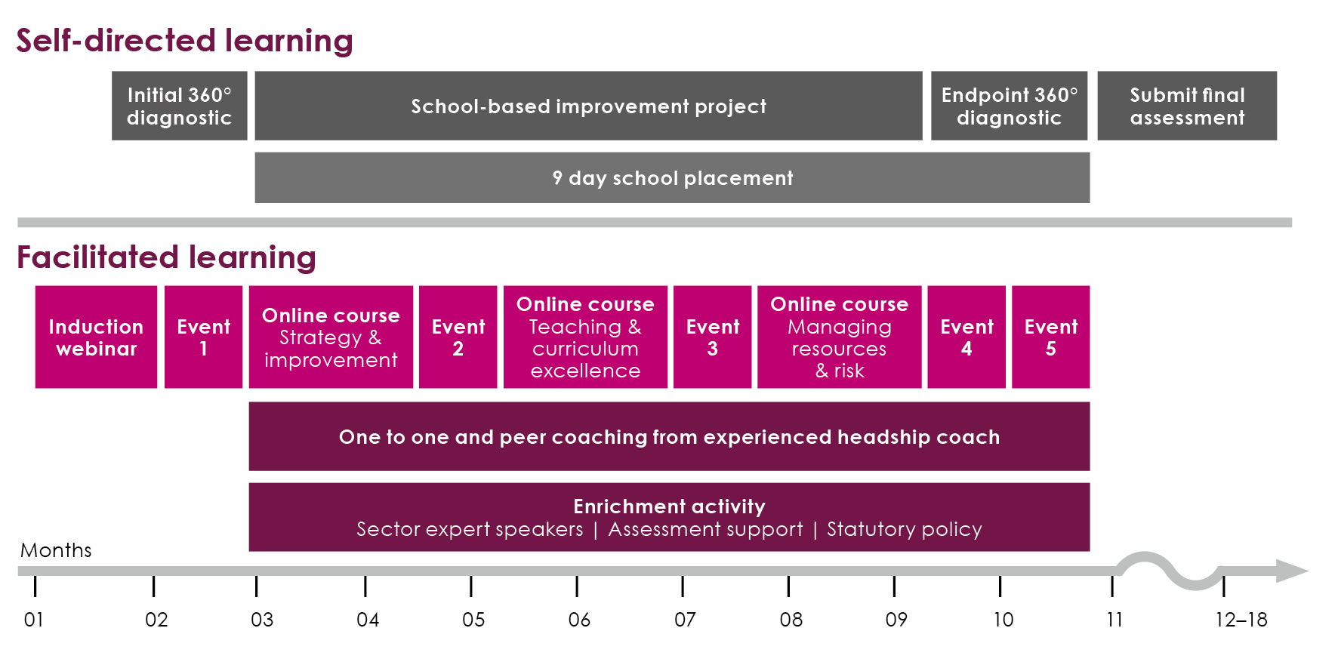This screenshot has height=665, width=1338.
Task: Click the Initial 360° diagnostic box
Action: coord(179,106)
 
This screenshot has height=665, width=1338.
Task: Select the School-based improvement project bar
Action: coord(588,106)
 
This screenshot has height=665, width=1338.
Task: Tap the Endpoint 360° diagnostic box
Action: coord(1009,106)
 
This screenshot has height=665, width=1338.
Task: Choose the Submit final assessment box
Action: coord(1186,106)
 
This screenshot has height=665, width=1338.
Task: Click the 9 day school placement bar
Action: coord(672,177)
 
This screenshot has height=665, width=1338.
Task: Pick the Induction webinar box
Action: coord(96,337)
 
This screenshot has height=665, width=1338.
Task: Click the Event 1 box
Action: coord(203,337)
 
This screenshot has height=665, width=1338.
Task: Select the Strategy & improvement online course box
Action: coord(331,337)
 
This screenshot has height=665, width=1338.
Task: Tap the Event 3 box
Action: coord(712,337)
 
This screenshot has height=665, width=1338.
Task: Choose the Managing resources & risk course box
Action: coord(839,337)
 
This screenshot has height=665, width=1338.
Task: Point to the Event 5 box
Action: coord(1050,337)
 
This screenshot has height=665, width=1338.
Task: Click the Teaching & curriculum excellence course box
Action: coord(585,337)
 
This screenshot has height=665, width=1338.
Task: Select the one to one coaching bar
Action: coord(669,436)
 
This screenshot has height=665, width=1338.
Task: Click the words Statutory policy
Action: coord(904,529)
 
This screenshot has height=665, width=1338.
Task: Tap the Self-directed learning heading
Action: coord(184,40)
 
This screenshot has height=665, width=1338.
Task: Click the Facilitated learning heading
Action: coord(166,257)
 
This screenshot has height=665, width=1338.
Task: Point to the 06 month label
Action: coord(579,620)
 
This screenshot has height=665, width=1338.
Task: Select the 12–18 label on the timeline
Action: coord(1241,620)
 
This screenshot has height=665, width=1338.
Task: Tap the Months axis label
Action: coord(56,550)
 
